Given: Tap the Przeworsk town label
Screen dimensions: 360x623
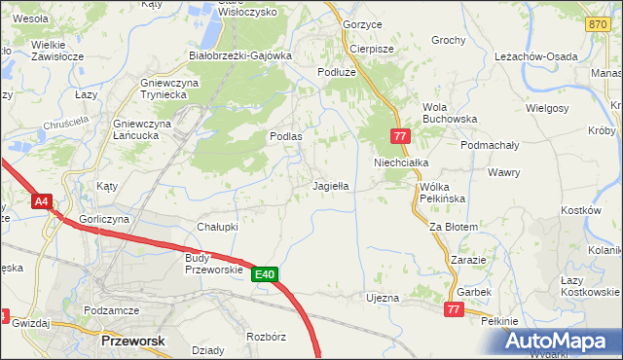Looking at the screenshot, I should point(133,342).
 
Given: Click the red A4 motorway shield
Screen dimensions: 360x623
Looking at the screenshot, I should point(41,202).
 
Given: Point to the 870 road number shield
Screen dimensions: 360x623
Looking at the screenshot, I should point(597,22).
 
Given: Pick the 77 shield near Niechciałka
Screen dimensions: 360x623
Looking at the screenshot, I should point(400,137).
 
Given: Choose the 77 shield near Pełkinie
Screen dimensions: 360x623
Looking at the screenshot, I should point(453,308).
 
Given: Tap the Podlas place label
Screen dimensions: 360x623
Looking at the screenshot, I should point(285,137).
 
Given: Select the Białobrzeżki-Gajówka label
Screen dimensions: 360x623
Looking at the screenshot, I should point(240,55).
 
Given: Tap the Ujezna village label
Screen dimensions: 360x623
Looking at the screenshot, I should point(383,297).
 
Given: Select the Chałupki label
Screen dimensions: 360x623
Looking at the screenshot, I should point(218,226).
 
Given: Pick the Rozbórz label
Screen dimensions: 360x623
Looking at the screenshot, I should point(266,338).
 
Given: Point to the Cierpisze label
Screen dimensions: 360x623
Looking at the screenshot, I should point(371,49).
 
